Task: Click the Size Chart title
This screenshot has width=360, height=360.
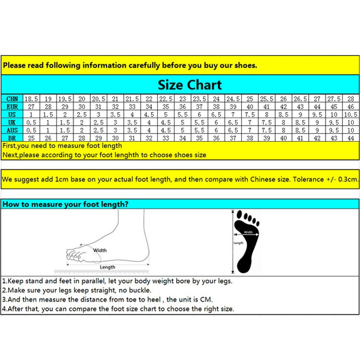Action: (x=190, y=85)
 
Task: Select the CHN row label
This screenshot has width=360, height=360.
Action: (x=12, y=99)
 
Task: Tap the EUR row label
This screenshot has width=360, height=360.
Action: (x=12, y=107)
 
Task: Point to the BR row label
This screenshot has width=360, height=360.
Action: (x=12, y=138)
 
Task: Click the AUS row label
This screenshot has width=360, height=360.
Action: (x=12, y=130)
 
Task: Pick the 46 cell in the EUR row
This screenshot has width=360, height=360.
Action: (x=350, y=107)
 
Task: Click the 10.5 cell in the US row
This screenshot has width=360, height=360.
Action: (x=350, y=114)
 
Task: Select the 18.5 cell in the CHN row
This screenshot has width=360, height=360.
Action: (x=31, y=99)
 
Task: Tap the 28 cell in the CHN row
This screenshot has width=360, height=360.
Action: (x=350, y=99)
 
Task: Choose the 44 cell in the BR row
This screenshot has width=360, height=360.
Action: (x=350, y=138)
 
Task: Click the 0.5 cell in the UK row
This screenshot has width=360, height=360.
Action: (x=31, y=122)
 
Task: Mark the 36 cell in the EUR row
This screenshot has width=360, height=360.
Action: (x=182, y=107)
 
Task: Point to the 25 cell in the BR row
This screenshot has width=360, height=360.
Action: (x=31, y=138)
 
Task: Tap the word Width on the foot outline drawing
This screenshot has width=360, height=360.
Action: (x=100, y=250)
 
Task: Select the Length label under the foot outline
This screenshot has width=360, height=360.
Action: (x=108, y=267)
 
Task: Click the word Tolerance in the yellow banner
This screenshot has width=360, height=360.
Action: (x=308, y=179)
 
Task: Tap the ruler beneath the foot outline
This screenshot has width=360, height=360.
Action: (x=101, y=272)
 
